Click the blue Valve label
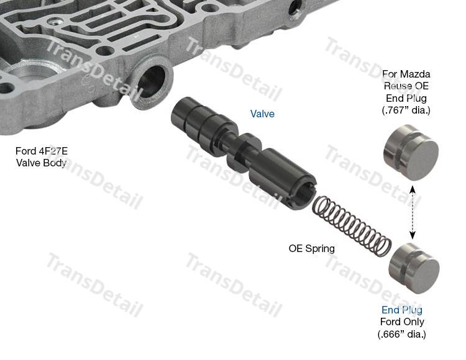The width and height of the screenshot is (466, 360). pyautogui.click(x=262, y=114)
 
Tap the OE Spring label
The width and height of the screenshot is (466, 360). pyautogui.click(x=311, y=248)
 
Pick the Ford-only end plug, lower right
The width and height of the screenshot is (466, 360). pyautogui.click(x=414, y=268)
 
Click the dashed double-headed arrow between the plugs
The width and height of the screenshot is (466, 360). pyautogui.click(x=412, y=212)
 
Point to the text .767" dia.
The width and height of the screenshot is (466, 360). pyautogui.click(x=406, y=110)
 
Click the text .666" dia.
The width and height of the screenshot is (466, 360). pyautogui.click(x=402, y=334)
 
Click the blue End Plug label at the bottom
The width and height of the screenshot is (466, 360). pyautogui.click(x=402, y=310)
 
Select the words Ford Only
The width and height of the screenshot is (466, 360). pyautogui.click(x=402, y=322)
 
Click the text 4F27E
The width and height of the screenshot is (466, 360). pyautogui.click(x=53, y=151)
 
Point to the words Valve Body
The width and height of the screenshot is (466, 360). pyautogui.click(x=41, y=163)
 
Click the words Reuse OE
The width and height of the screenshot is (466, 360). pyautogui.click(x=406, y=86)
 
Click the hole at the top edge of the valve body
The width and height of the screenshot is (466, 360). pyautogui.click(x=295, y=8)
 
